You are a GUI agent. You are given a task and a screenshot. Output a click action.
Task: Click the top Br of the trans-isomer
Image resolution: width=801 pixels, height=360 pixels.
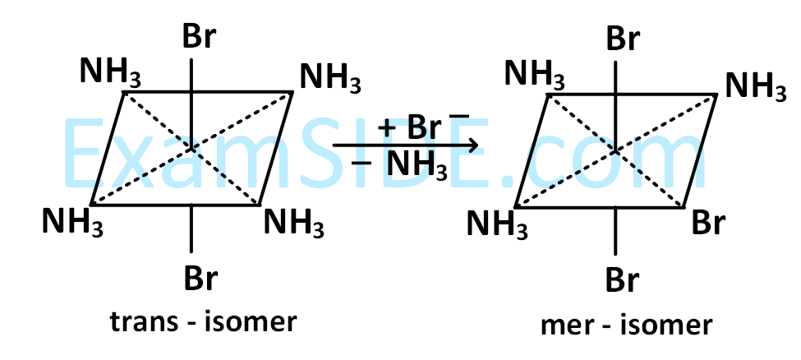(200, 38)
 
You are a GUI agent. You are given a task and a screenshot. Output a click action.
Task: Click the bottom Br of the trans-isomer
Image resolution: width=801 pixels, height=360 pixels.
(200, 279)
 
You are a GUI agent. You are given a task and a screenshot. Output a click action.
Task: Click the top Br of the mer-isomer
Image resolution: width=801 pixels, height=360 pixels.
(623, 39)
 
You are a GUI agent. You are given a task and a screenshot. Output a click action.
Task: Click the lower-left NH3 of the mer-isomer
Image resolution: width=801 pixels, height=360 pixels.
(498, 224)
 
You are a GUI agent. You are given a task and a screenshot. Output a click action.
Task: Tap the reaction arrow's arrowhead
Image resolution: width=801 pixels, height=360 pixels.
(472, 146)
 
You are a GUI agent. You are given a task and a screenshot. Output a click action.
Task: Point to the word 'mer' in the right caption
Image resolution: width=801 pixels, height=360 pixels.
(565, 325)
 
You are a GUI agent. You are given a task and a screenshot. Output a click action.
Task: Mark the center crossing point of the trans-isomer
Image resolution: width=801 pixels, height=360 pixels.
(191, 149)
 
